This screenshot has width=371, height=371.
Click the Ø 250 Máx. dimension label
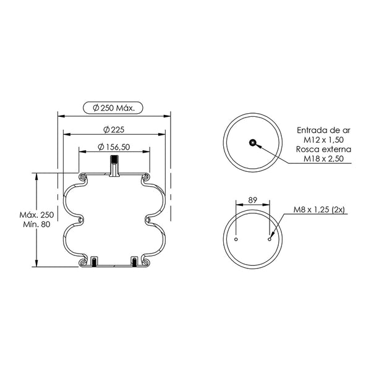point(114,108)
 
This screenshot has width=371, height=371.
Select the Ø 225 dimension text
point(114,130)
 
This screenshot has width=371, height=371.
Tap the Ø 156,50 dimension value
point(114,147)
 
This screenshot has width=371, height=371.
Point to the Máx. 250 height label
point(36,215)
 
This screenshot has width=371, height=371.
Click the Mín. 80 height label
point(36,224)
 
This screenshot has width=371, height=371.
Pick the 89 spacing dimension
point(253,200)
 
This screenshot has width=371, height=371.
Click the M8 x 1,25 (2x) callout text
point(319,210)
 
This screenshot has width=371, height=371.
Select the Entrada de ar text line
point(323,130)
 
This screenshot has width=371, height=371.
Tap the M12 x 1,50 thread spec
point(323,140)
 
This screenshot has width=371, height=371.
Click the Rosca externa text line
point(323,149)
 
